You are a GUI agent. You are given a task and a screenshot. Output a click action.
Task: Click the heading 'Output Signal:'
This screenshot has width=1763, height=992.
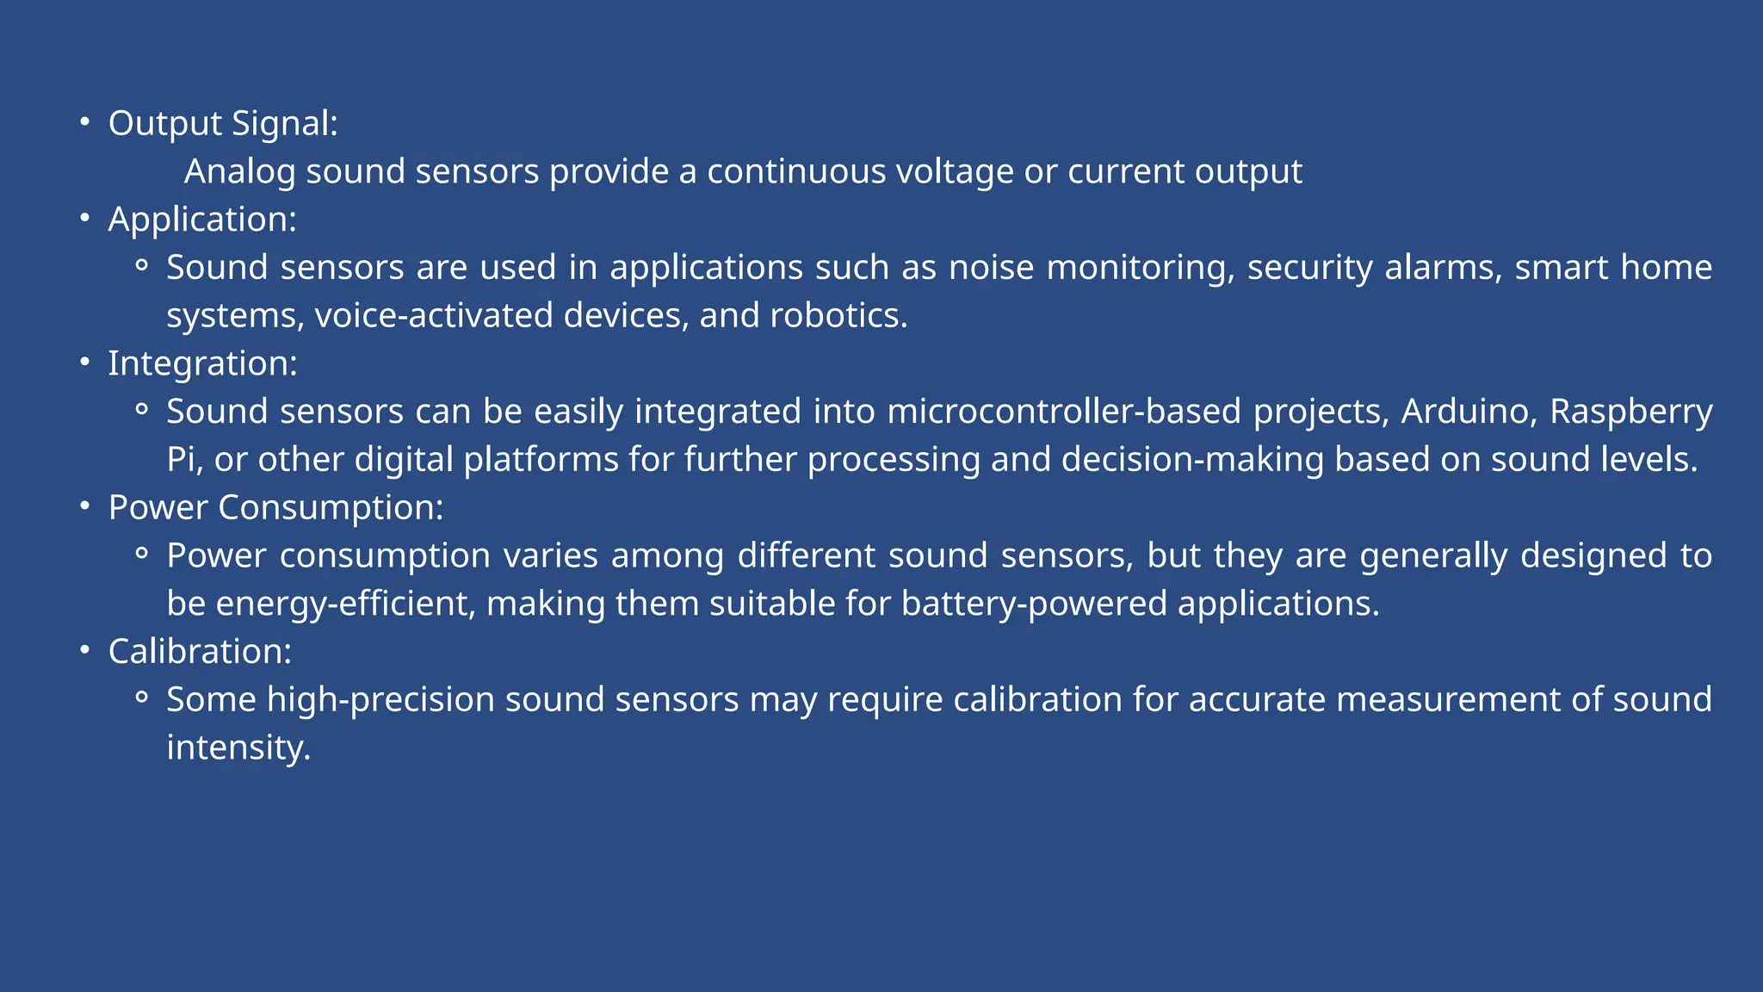coord(223,124)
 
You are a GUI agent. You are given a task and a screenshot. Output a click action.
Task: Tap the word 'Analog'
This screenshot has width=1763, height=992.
coord(239,172)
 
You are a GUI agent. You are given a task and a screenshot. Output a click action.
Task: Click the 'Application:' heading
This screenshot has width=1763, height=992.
coord(202,220)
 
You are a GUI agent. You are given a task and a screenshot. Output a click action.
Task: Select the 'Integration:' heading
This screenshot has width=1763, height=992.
coord(202,363)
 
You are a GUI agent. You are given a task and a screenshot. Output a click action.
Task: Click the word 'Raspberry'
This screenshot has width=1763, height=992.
coord(1630,412)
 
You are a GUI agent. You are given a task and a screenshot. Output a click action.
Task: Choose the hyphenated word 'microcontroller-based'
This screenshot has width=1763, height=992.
coord(1064,412)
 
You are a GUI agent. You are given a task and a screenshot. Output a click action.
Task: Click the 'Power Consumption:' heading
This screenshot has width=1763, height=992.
coord(275,508)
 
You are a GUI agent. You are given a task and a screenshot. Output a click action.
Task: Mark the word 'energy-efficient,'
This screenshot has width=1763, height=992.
coord(345,604)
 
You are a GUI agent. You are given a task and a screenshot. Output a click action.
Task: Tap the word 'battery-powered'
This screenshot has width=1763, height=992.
coord(1034,604)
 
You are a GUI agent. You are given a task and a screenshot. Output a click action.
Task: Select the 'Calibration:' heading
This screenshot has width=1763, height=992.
coord(200,652)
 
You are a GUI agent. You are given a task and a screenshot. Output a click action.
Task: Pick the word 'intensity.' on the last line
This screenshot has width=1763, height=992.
coord(238,747)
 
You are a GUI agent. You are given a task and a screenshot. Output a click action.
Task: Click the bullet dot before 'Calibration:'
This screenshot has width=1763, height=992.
coord(84,650)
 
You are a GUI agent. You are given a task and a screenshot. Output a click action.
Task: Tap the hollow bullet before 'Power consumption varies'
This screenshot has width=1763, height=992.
coord(142,554)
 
